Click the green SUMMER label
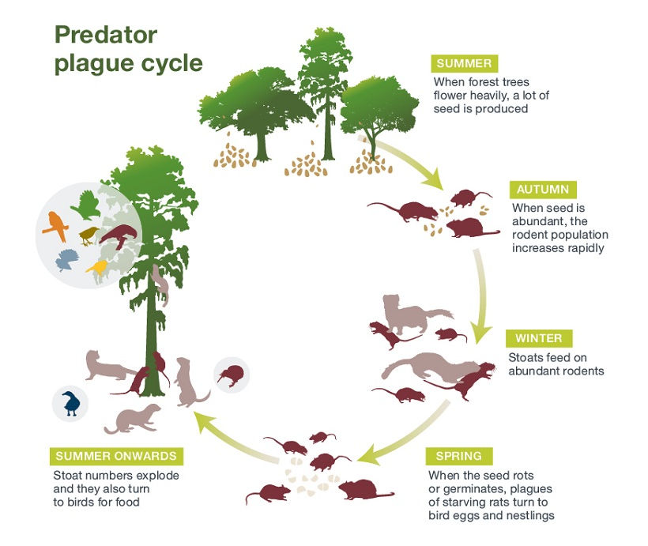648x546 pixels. (x=462, y=64)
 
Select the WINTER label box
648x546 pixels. (x=539, y=338)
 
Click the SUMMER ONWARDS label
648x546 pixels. (x=117, y=457)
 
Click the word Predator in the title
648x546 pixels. (x=106, y=35)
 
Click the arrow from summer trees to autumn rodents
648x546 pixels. (x=411, y=162)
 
